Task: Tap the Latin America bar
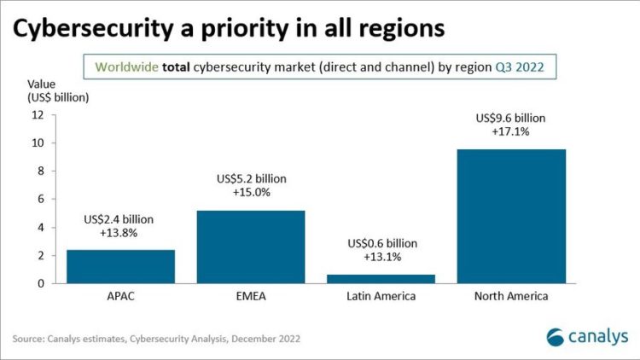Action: (381, 278)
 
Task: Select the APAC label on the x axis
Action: (120, 296)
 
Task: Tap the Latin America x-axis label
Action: (381, 296)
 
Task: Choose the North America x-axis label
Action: (511, 296)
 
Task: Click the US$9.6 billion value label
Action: (512, 118)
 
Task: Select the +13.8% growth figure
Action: (121, 233)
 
